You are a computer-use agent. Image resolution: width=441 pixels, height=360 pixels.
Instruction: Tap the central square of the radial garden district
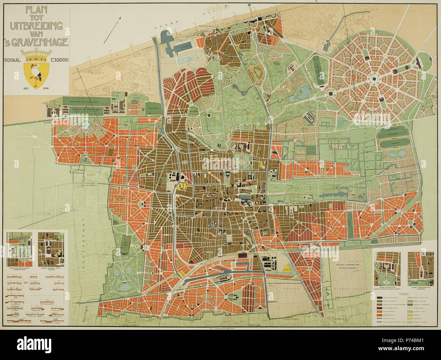374,80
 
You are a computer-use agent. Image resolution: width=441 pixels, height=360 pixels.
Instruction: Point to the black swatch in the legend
380,298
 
